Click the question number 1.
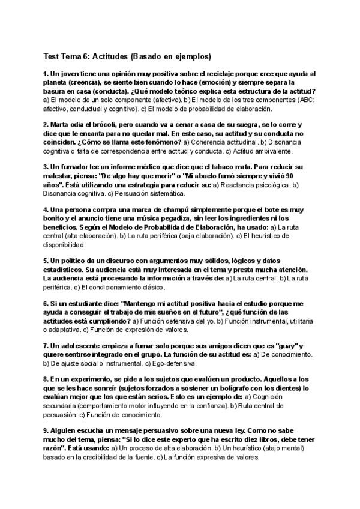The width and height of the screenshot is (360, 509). point(45,74)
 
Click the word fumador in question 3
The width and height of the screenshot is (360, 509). point(73,166)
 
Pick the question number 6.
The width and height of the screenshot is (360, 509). point(45,304)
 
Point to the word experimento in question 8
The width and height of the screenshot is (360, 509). point(89,380)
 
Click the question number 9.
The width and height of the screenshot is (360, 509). point(45,430)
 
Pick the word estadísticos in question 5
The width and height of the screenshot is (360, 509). point(65,270)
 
